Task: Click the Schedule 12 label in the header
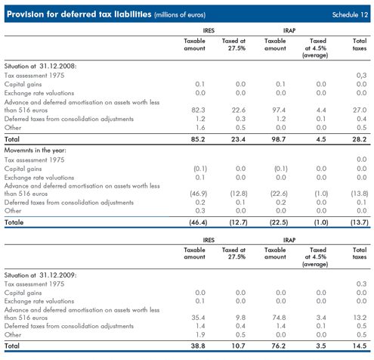click(x=350, y=14)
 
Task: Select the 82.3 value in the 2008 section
click(x=198, y=110)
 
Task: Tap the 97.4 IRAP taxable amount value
click(x=279, y=110)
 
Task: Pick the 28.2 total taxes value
click(x=360, y=139)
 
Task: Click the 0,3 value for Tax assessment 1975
click(x=361, y=76)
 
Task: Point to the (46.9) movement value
click(x=199, y=194)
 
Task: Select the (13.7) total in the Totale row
click(x=360, y=222)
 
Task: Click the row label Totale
click(x=14, y=222)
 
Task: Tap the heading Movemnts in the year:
click(x=36, y=151)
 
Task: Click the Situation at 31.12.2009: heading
click(x=40, y=275)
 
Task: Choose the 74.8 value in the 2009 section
click(x=279, y=318)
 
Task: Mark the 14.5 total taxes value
click(x=360, y=346)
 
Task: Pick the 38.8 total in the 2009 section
click(x=198, y=346)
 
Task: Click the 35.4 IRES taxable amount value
click(x=198, y=318)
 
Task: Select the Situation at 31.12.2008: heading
click(x=40, y=67)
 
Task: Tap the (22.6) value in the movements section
click(x=279, y=194)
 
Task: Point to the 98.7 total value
click(x=279, y=139)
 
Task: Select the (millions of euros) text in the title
click(x=180, y=15)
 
